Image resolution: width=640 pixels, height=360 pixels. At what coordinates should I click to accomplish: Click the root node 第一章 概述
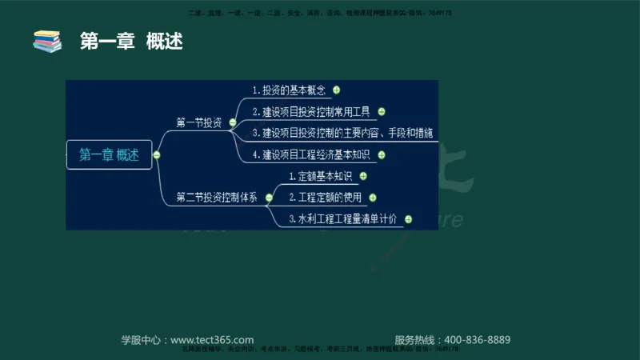tap(109, 155)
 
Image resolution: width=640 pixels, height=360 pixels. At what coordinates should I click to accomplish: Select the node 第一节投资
tap(198, 122)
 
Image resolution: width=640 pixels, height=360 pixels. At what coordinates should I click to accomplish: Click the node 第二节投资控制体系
tap(217, 197)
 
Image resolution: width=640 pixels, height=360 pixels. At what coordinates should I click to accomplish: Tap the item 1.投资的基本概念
tap(289, 90)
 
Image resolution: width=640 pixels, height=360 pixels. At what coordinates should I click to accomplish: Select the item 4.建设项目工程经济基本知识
tap(316, 154)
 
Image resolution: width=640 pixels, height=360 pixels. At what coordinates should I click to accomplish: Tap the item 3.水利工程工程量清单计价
tap(343, 218)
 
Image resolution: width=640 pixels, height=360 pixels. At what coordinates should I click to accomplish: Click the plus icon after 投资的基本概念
tap(337, 90)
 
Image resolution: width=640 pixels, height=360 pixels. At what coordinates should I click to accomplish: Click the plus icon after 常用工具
tap(382, 112)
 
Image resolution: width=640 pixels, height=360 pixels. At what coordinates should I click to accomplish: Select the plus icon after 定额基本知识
tap(363, 176)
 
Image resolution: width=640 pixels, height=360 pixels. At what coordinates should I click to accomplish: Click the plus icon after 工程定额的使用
tap(373, 197)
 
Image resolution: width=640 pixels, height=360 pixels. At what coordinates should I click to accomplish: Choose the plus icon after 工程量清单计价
tap(408, 218)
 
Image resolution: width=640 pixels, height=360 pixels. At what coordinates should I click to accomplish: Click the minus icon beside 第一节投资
tap(232, 122)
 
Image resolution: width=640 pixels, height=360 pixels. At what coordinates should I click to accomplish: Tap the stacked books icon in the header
tap(47, 40)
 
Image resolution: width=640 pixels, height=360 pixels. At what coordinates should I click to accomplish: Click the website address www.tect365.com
tap(212, 339)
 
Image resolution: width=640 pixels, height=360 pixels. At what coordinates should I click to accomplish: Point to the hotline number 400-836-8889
tap(477, 339)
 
